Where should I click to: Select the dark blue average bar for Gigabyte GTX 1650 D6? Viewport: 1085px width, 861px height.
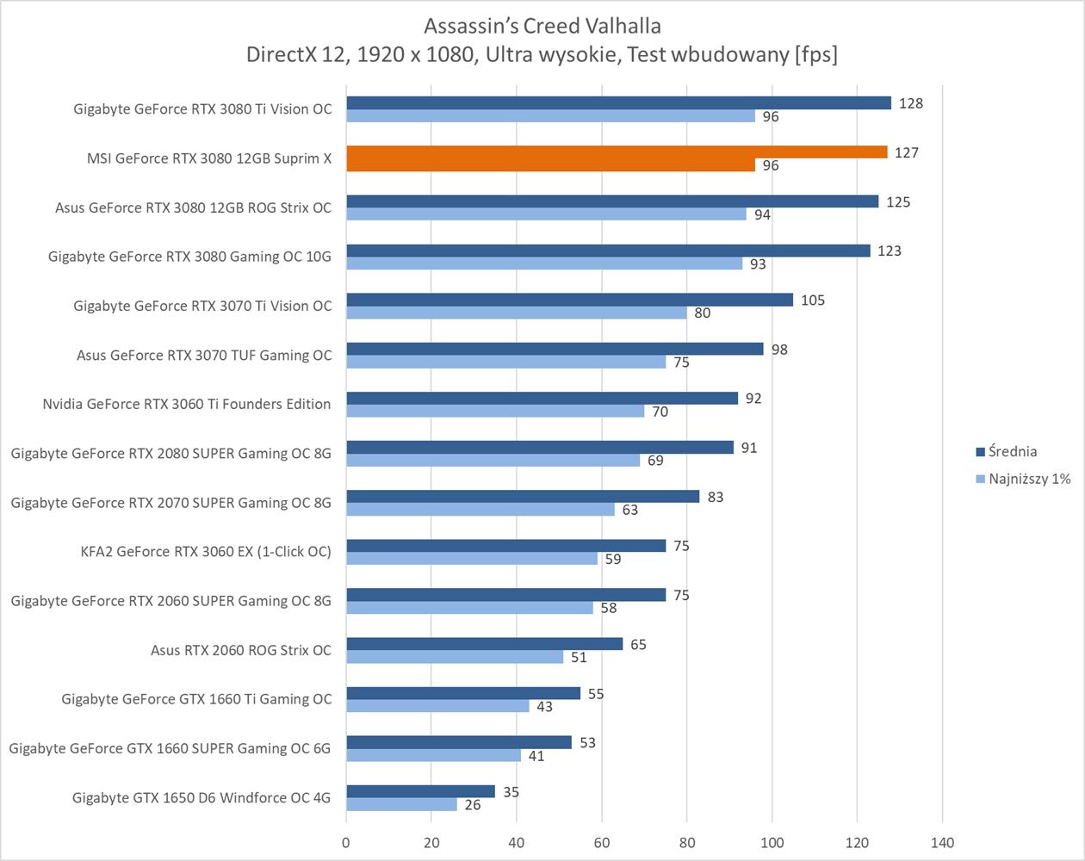[420, 791]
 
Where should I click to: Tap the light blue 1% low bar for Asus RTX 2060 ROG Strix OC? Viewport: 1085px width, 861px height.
[455, 657]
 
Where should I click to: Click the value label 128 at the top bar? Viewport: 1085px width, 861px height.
[910, 103]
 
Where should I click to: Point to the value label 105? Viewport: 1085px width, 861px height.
[812, 300]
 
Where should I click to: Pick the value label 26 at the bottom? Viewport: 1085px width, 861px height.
[473, 805]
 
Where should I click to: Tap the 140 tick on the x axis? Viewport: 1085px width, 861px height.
[942, 842]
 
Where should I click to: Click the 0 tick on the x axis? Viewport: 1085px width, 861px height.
[346, 842]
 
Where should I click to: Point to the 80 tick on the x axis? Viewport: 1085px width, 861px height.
[686, 842]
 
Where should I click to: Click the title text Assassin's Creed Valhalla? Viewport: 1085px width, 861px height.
[542, 26]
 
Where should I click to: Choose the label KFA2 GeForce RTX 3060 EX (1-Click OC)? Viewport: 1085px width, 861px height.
[206, 551]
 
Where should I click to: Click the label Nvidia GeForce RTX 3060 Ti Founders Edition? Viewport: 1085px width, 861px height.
[187, 404]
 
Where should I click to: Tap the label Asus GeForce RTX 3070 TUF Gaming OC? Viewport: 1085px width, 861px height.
[204, 355]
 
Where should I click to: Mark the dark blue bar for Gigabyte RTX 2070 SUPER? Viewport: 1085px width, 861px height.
[523, 497]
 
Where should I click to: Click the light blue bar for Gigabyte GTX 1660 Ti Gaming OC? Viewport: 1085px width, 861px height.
[437, 706]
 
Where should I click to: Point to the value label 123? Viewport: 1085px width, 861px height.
[889, 251]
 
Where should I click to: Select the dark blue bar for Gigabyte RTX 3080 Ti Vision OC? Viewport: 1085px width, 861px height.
[618, 103]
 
